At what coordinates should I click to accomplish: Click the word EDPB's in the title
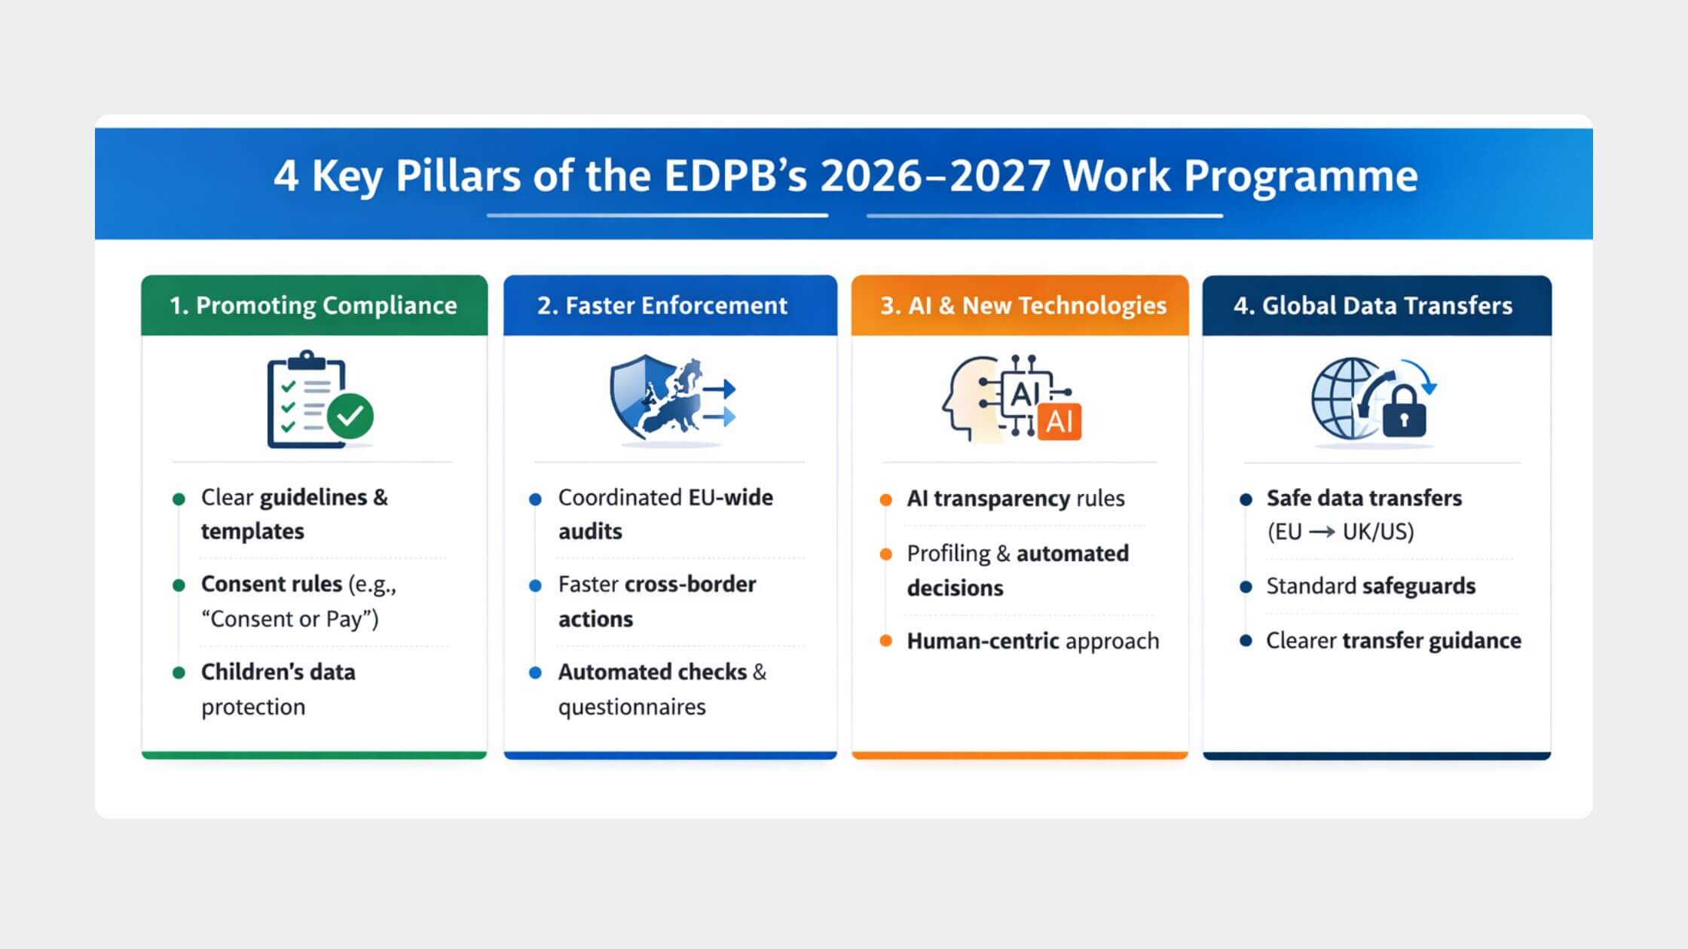[x=735, y=175]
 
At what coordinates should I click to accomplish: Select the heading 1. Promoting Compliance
[x=313, y=305]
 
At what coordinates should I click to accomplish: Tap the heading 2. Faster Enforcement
[x=662, y=305]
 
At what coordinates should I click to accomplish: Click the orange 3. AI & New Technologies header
[x=1023, y=305]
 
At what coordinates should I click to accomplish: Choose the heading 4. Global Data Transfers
[x=1372, y=305]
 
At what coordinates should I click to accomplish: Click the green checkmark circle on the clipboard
[x=350, y=415]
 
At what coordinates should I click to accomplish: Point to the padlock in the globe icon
[x=1403, y=413]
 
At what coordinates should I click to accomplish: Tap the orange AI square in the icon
[x=1060, y=422]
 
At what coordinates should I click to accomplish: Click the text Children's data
[x=278, y=672]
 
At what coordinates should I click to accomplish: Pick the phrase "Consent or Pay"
[x=290, y=619]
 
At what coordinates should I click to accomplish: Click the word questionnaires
[x=631, y=707]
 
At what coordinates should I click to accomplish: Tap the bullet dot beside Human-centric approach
[x=886, y=641]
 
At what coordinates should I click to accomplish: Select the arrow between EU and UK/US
[x=1322, y=532]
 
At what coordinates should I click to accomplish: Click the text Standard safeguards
[x=1370, y=586]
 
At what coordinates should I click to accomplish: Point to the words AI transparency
[x=988, y=499]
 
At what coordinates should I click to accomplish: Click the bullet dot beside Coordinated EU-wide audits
[x=535, y=499]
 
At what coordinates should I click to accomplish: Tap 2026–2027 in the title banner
[x=935, y=175]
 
